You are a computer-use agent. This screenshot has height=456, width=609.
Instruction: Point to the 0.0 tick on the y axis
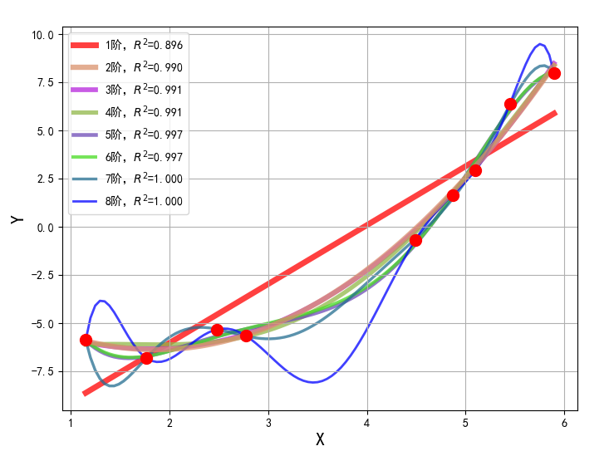(46, 228)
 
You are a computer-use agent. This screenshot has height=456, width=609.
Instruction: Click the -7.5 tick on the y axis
(41, 371)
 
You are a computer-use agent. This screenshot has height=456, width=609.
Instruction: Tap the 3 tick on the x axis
(268, 422)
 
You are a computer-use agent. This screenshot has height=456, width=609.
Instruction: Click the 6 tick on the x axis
(564, 422)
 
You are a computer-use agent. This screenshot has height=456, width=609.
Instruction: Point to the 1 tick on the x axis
(71, 422)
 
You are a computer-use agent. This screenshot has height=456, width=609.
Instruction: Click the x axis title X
(320, 439)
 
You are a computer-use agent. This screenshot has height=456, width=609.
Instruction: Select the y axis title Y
(16, 219)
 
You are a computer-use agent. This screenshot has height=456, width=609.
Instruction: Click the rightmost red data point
(554, 73)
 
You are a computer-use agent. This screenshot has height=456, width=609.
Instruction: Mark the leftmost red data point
(86, 340)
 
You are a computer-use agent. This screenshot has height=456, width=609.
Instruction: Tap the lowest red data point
(146, 358)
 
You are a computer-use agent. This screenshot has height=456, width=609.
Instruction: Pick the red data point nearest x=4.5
(415, 240)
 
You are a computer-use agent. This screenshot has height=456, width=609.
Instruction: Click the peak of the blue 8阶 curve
(540, 44)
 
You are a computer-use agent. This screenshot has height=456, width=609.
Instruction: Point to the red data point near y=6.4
(510, 104)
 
